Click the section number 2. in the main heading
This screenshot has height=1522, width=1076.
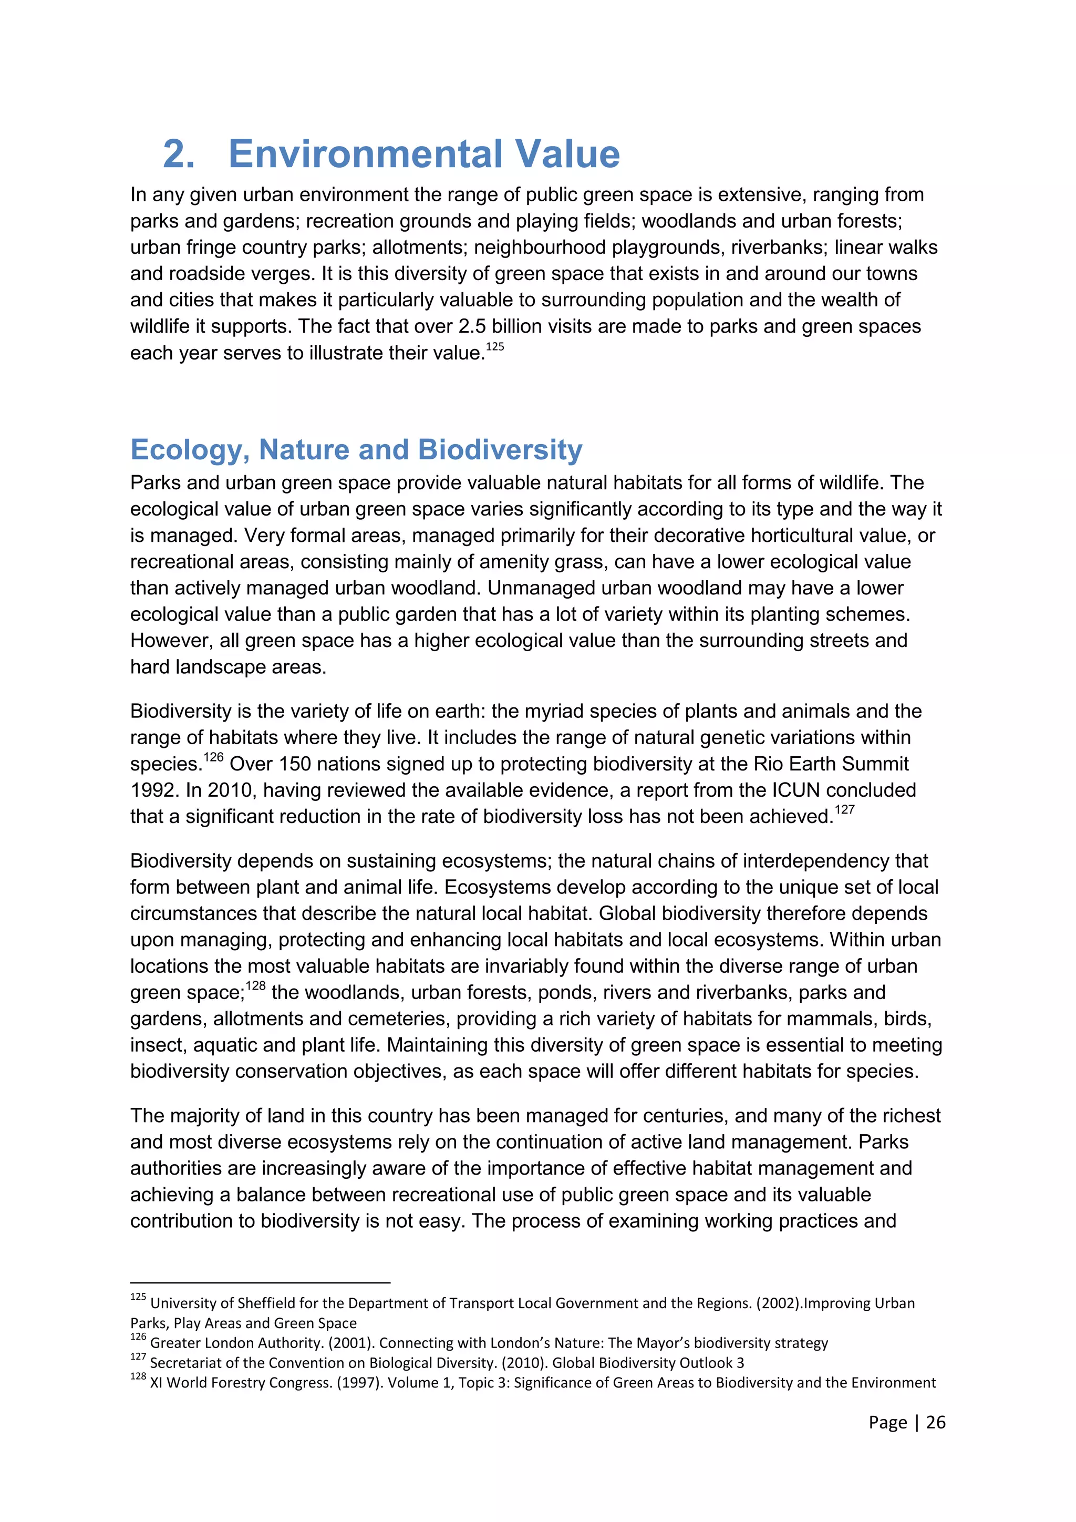pos(179,154)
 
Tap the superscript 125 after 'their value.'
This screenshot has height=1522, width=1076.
pos(495,347)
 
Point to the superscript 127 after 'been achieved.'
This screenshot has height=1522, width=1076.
pos(845,810)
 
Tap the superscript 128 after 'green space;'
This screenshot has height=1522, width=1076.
pos(256,986)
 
